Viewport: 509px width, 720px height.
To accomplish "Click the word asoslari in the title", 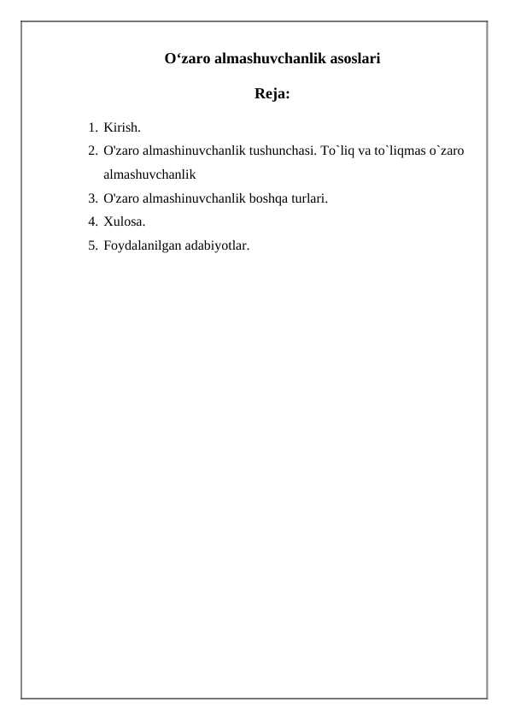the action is [354, 60].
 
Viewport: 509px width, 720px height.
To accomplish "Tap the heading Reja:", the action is [272, 94].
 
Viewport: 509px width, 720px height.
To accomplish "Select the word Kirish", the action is [123, 128].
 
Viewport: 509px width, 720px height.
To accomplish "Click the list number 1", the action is [91, 128].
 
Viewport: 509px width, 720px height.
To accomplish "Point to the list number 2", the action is [91, 152].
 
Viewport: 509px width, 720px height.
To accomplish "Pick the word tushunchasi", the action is [283, 152].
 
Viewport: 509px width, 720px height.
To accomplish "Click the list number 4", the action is [91, 222].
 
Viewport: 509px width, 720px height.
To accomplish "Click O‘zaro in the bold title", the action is [186, 60].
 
